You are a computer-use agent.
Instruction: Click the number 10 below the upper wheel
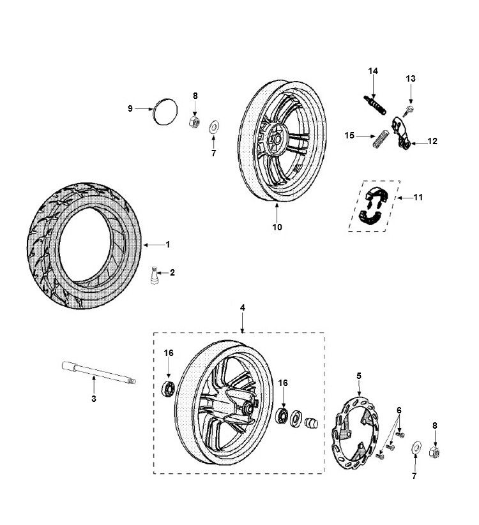(x=277, y=226)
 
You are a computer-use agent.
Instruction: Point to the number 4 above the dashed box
(x=243, y=308)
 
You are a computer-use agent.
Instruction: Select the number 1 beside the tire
(x=169, y=244)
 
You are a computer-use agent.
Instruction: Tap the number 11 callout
(x=418, y=198)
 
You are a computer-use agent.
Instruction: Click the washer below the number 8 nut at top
(x=213, y=124)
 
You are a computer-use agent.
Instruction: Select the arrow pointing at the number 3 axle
(x=94, y=385)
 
